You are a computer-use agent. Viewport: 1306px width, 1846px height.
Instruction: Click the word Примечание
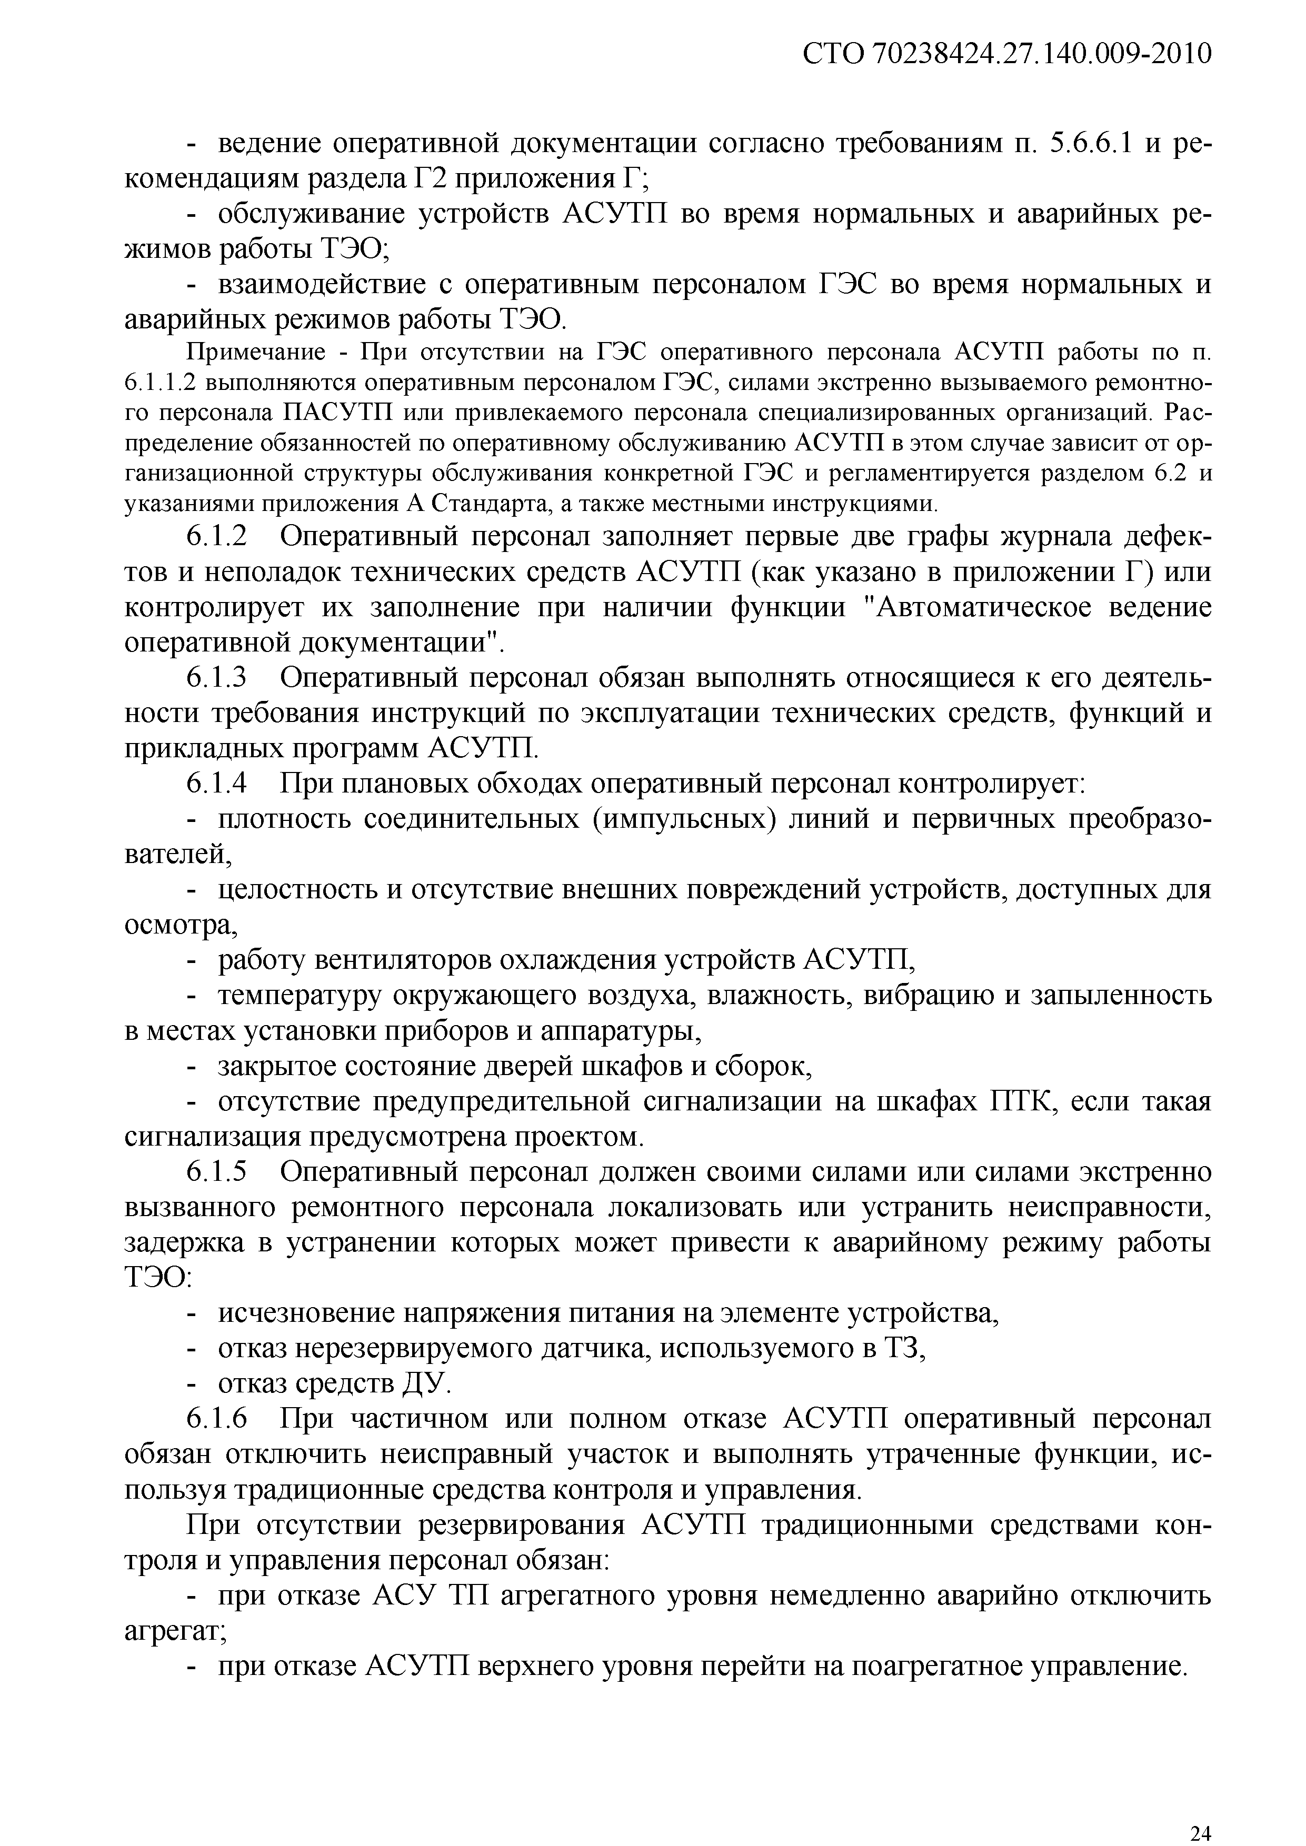[x=256, y=352]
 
